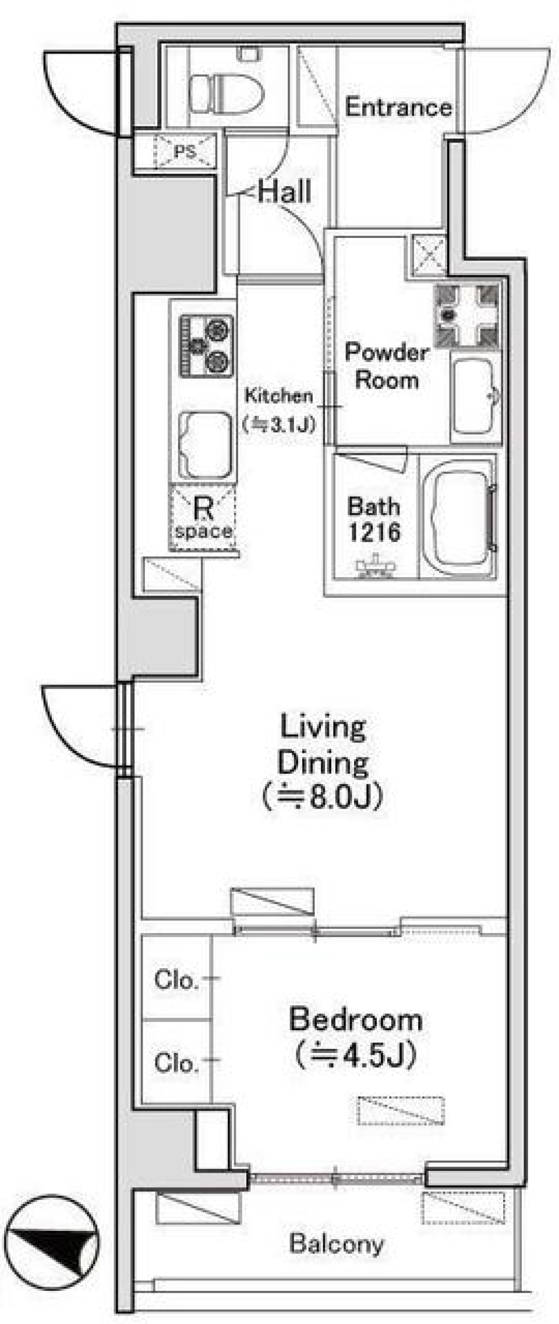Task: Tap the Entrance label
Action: coord(398,107)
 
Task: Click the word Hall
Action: coord(285,192)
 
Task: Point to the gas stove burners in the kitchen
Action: coord(206,345)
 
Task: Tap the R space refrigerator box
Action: coord(203,518)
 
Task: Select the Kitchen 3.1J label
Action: coord(279,411)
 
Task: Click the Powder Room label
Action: coord(387,366)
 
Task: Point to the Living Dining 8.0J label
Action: coord(323,761)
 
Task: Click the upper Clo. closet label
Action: coord(176,980)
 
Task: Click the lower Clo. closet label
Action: coord(176,1063)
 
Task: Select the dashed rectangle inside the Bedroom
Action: coord(401,1111)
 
